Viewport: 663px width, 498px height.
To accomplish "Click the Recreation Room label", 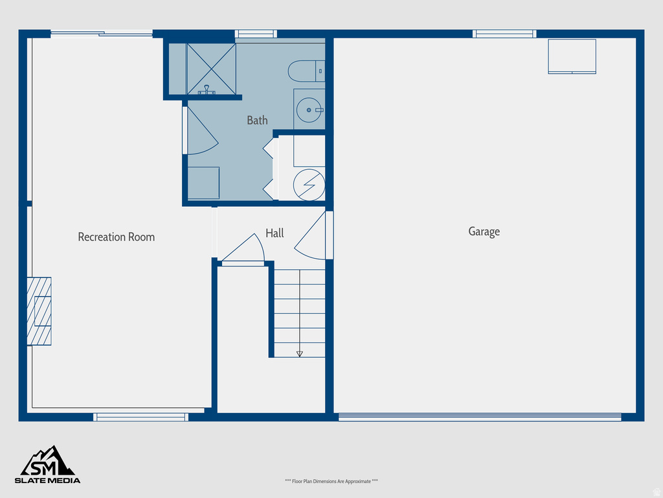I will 117,237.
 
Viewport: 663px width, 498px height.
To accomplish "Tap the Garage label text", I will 484,231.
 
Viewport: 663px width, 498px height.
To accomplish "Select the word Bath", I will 257,120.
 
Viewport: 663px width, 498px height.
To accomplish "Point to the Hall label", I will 275,233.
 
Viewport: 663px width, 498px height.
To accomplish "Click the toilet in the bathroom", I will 306,71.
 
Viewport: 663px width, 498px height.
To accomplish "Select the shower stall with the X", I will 211,68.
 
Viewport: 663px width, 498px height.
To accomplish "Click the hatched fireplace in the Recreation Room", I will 39,311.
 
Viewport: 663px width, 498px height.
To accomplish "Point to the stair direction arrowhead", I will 299,353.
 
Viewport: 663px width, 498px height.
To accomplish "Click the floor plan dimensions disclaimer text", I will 331,481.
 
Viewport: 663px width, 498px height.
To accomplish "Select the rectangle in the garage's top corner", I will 572,56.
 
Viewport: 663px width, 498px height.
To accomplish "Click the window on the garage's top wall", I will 504,34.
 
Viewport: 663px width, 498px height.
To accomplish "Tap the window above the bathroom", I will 256,34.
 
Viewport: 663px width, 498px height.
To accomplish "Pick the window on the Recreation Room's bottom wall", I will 141,417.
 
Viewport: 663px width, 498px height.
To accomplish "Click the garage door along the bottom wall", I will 479,417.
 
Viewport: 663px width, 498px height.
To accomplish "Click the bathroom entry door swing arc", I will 200,132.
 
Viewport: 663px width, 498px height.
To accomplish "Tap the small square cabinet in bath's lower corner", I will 203,183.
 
